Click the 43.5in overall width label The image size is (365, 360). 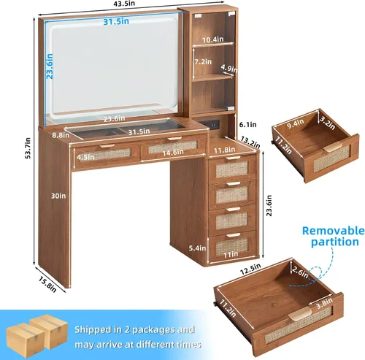(124, 4)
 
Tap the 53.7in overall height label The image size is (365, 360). (28, 148)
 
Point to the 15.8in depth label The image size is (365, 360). (47, 285)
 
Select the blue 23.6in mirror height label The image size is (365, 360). (50, 66)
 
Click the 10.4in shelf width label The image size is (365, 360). (213, 39)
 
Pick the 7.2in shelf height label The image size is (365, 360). (203, 62)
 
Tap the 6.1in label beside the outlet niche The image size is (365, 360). (247, 125)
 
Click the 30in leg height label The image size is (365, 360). (58, 196)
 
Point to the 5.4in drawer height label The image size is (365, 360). (197, 248)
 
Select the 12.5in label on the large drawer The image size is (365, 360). (250, 269)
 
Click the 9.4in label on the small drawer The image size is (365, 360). (296, 123)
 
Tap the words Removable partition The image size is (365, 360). (334, 236)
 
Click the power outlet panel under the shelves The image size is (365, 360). (212, 124)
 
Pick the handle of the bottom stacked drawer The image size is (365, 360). (233, 235)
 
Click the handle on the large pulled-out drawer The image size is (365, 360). (299, 313)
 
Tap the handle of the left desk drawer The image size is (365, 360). (107, 145)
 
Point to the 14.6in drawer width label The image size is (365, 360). (173, 153)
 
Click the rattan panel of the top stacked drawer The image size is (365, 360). (231, 169)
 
